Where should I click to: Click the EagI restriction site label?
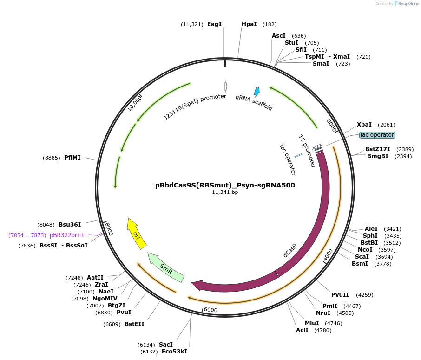(214, 24)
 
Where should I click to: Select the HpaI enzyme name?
(249, 24)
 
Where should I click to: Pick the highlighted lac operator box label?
(377, 135)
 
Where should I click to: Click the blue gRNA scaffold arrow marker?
(256, 91)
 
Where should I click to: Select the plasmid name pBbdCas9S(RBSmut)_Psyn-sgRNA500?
(225, 185)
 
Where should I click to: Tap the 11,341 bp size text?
(225, 192)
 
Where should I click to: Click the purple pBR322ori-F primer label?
(67, 235)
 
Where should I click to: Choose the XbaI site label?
(364, 125)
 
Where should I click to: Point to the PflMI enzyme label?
(72, 158)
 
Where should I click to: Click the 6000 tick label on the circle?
(210, 310)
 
